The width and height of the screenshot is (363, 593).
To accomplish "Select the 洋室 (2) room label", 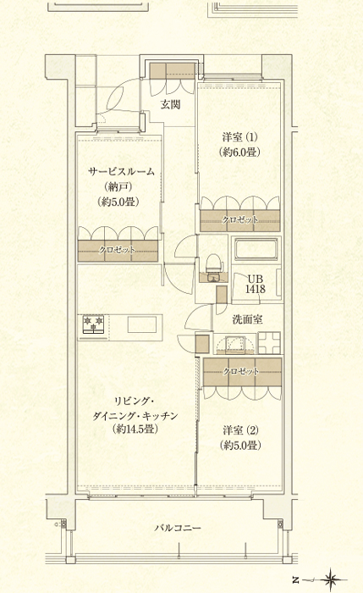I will tap(240, 430).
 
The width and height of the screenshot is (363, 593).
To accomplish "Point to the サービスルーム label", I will tap(121, 171).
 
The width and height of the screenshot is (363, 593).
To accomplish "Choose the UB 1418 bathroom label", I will tap(256, 284).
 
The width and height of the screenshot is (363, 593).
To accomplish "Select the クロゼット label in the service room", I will tap(118, 250).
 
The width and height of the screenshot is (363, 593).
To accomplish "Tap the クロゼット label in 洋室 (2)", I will tap(241, 371).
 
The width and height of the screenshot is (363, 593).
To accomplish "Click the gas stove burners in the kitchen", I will tap(93, 325).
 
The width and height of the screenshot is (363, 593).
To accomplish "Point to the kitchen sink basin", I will tap(142, 325).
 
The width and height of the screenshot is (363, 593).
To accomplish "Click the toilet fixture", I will tap(214, 263).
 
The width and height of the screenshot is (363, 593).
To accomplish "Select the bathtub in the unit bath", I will tap(255, 251).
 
